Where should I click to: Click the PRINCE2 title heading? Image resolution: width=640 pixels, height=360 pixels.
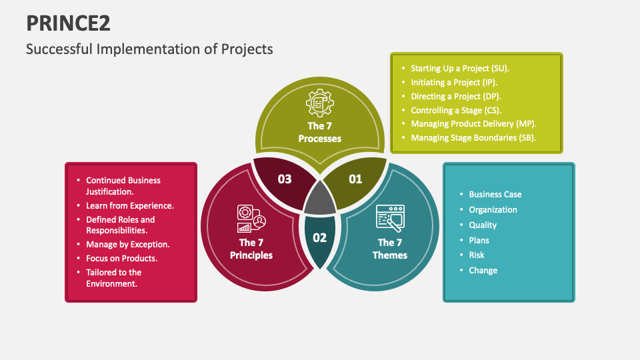tap(68, 23)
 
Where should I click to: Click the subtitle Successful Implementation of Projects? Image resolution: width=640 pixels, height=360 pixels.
tap(149, 49)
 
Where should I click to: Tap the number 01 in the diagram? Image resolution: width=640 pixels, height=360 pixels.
tap(355, 179)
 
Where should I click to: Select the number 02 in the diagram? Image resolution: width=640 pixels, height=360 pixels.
tap(320, 237)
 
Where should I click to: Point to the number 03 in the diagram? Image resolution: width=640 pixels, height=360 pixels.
tap(285, 179)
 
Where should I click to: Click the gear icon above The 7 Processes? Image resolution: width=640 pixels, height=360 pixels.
tap(319, 103)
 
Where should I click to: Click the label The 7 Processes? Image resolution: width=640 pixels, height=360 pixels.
tap(320, 133)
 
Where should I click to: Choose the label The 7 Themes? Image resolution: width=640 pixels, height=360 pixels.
tap(390, 249)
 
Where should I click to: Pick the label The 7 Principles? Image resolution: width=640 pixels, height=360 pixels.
tap(251, 249)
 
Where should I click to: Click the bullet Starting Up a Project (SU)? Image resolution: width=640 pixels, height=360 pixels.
tap(460, 68)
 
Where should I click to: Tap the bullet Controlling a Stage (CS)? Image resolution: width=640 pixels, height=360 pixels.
tap(456, 110)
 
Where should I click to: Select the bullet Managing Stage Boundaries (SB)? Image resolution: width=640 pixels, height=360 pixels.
tap(473, 138)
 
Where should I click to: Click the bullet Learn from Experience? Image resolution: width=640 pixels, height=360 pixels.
tap(130, 205)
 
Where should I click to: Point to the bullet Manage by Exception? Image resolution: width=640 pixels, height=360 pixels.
tap(127, 244)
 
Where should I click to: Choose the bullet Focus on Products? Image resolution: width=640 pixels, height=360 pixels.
tap(121, 258)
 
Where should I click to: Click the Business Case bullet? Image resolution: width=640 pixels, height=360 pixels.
tap(495, 194)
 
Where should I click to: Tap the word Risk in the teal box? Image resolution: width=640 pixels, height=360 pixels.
tap(477, 255)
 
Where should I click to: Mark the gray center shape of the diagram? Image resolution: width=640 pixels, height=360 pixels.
tap(320, 199)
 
